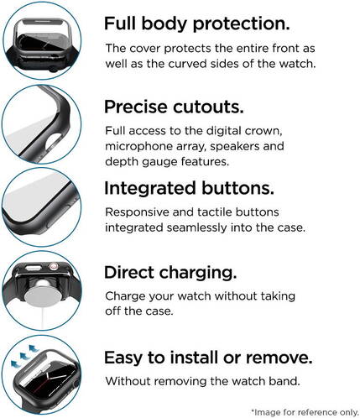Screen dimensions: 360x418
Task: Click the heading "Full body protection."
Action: pos(196,24)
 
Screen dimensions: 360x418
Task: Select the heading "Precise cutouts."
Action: pos(174,107)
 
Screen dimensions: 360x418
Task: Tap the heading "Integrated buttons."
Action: pos(189,189)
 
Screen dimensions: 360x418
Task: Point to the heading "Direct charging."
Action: pos(170,273)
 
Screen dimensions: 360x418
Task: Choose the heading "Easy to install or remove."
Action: pos(208,357)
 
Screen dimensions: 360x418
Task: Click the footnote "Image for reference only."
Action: pos(305,412)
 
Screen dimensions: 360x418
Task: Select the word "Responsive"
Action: pos(137,212)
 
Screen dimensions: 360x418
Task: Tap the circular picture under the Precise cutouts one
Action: pos(42,207)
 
